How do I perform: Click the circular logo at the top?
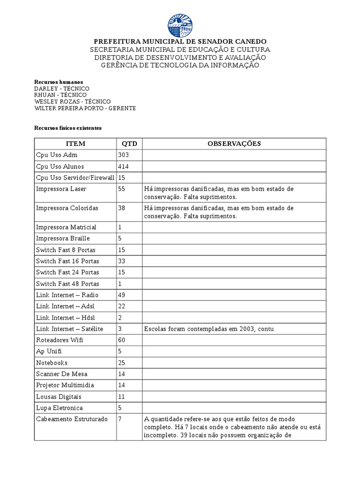tap(180, 25)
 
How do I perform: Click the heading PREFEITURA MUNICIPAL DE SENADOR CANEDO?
tap(180, 42)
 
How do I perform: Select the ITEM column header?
tap(75, 143)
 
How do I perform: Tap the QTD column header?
tap(129, 143)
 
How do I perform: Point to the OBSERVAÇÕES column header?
tap(234, 143)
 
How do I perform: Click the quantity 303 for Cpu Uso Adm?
tap(124, 155)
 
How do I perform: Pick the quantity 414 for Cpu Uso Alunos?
tap(124, 166)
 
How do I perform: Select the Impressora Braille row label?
tap(63, 239)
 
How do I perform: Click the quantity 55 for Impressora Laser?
tap(122, 189)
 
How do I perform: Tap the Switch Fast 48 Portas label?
tap(67, 284)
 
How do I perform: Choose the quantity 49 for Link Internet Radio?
tap(122, 295)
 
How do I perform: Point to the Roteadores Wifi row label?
tap(60, 340)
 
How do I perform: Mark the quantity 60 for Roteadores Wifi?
tap(122, 340)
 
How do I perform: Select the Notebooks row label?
tap(52, 363)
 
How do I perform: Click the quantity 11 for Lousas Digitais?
tap(122, 397)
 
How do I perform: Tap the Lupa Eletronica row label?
tap(59, 408)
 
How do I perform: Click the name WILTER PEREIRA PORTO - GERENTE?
tap(85, 108)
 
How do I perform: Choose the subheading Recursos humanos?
tap(59, 82)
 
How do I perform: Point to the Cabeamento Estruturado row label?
tap(72, 419)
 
